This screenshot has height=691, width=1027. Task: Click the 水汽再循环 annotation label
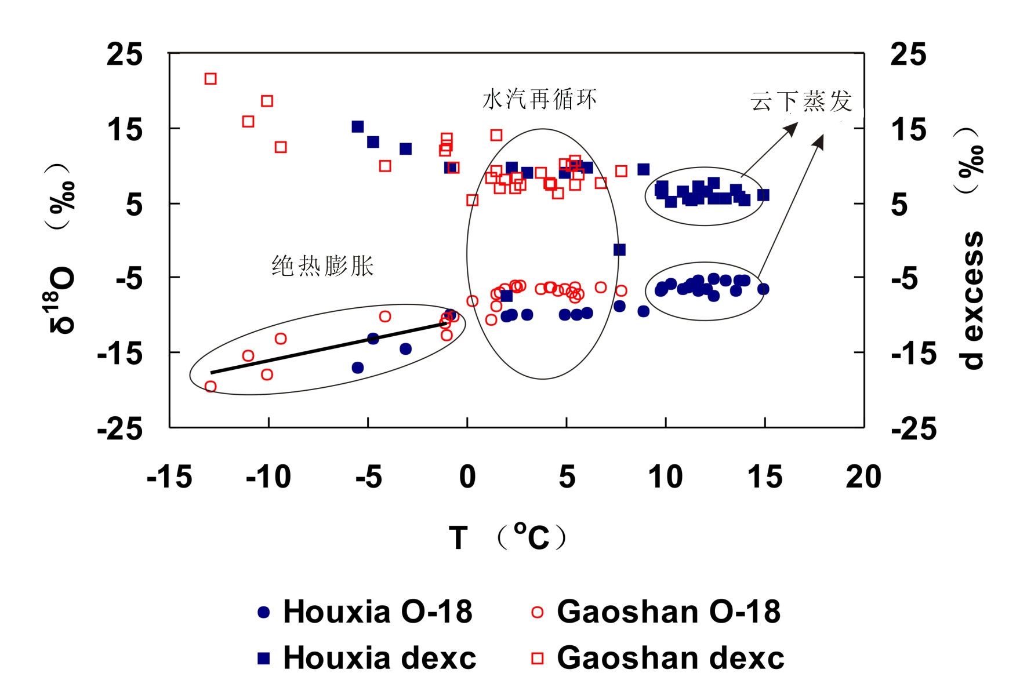[x=539, y=99]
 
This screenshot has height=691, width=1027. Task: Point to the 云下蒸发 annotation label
[x=801, y=101]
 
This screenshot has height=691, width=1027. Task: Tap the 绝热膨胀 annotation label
[x=323, y=266]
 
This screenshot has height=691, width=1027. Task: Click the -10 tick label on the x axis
[x=268, y=477]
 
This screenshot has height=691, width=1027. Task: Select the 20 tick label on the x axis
[x=863, y=477]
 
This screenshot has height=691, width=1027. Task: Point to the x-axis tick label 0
[x=467, y=477]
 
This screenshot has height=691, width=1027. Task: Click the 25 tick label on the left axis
[x=125, y=55]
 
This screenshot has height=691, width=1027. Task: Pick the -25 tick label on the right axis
[x=914, y=430]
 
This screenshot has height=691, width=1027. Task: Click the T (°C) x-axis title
[x=507, y=537]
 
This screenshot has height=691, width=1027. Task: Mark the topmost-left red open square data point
[x=211, y=79]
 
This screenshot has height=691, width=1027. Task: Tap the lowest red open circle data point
[x=211, y=387]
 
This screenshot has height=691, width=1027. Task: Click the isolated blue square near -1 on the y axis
[x=619, y=250]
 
